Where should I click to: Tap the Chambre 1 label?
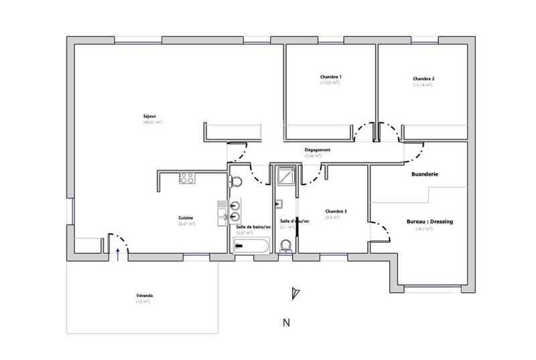pyautogui.click(x=330, y=77)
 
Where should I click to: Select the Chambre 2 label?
pyautogui.click(x=423, y=79)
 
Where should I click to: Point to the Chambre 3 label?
pyautogui.click(x=336, y=211)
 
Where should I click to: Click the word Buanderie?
pyautogui.click(x=424, y=174)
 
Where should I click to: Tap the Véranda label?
pyautogui.click(x=143, y=296)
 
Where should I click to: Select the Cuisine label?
pyautogui.click(x=186, y=218)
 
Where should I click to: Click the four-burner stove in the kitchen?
pyautogui.click(x=186, y=178)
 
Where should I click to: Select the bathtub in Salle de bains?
pyautogui.click(x=250, y=247)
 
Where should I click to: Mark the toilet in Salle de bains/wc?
pyautogui.click(x=237, y=180)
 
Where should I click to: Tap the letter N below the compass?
pyautogui.click(x=286, y=322)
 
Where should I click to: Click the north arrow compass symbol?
pyautogui.click(x=292, y=293)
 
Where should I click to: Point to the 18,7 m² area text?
pyautogui.click(x=423, y=229)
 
